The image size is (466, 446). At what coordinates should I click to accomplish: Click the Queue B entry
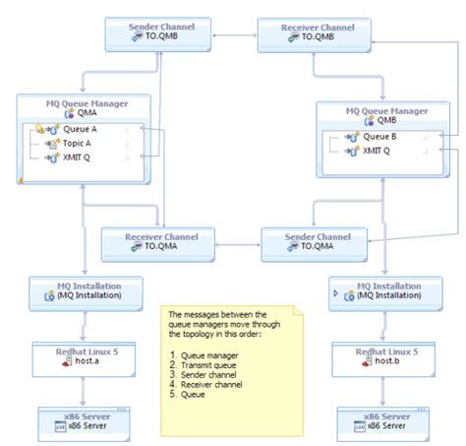pyautogui.click(x=378, y=137)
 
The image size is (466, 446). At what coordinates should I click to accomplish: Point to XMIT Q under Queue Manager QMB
pyautogui.click(x=377, y=151)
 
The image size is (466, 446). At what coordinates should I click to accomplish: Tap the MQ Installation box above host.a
pyautogui.click(x=87, y=290)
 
